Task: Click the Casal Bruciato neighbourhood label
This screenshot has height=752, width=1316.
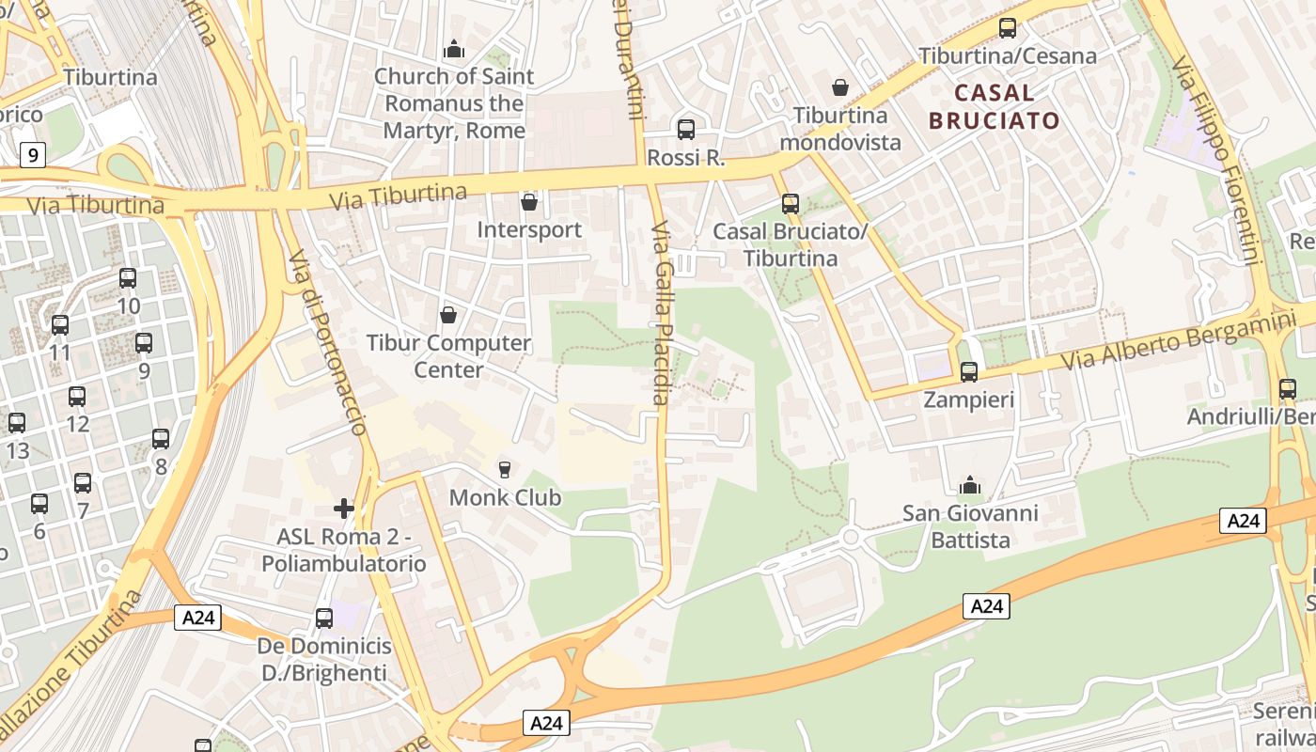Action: tap(994, 106)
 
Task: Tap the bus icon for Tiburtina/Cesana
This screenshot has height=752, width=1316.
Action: tap(1008, 28)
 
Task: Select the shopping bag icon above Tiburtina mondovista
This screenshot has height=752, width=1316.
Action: tap(840, 87)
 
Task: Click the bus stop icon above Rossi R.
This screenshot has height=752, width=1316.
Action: tap(686, 130)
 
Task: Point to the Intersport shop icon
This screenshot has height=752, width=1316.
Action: tap(529, 202)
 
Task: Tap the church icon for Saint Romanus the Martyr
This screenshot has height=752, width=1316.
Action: tap(454, 49)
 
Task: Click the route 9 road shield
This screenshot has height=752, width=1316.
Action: tap(33, 154)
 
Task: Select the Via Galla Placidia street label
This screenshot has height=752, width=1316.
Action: tap(660, 313)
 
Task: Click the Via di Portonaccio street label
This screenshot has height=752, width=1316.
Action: tap(327, 343)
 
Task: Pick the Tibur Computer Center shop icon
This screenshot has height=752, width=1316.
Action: tap(448, 314)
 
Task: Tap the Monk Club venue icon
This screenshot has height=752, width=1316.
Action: tap(505, 469)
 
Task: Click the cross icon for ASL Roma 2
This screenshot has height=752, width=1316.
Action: tap(344, 509)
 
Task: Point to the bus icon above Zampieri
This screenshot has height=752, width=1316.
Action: tap(969, 372)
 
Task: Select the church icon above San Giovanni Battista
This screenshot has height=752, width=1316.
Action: tap(970, 486)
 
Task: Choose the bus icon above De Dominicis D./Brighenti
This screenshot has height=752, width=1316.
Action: tap(324, 619)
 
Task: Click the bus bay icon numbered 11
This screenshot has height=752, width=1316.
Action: tap(60, 325)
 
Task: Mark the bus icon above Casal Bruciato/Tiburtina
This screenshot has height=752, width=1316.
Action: tap(791, 204)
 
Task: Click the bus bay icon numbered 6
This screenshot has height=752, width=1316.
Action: tap(39, 504)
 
